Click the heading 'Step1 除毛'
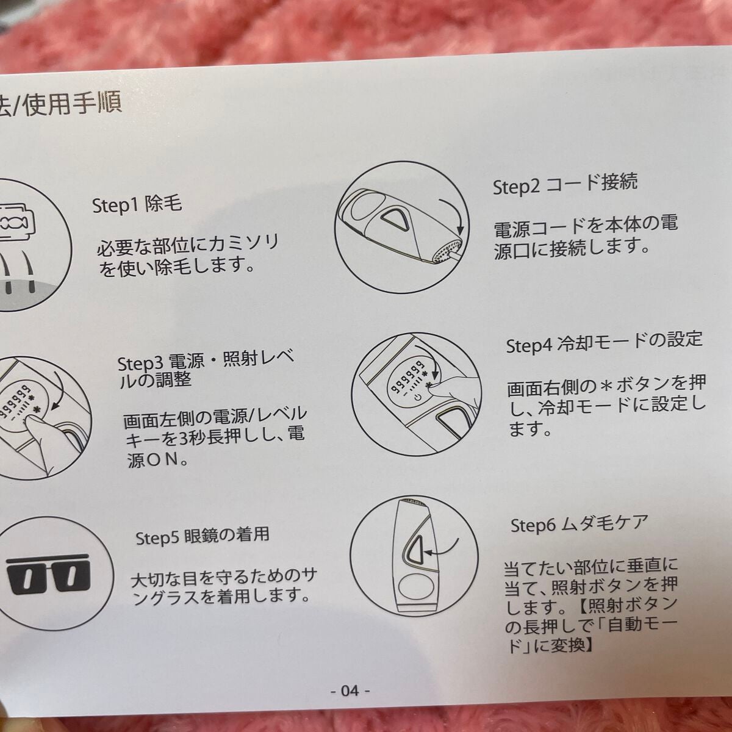point(137,204)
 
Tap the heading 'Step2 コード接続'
point(565,184)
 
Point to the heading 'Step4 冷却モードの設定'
point(604,342)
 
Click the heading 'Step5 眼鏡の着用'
point(202,537)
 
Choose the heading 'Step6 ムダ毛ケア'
point(578,524)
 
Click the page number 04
point(349,691)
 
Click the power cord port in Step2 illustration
point(446,249)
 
